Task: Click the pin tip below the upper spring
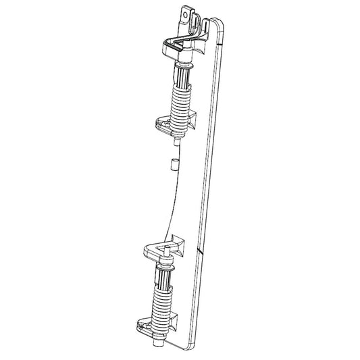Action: point(176,141)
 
